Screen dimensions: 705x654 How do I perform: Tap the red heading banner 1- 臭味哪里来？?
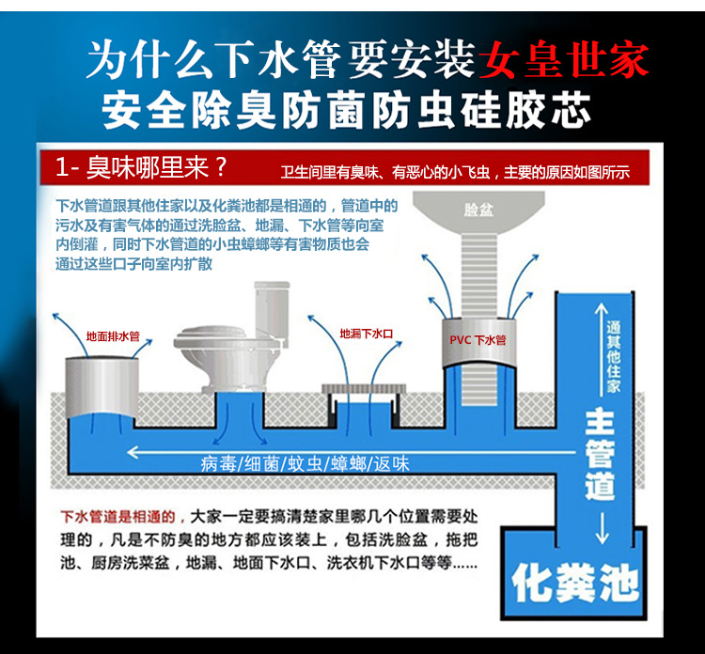click(x=141, y=169)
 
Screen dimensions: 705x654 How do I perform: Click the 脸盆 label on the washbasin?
click(x=478, y=210)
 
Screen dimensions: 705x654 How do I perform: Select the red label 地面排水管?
click(x=112, y=335)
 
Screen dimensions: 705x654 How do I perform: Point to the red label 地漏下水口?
click(x=366, y=333)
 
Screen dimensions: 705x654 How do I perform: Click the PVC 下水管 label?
click(x=478, y=340)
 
